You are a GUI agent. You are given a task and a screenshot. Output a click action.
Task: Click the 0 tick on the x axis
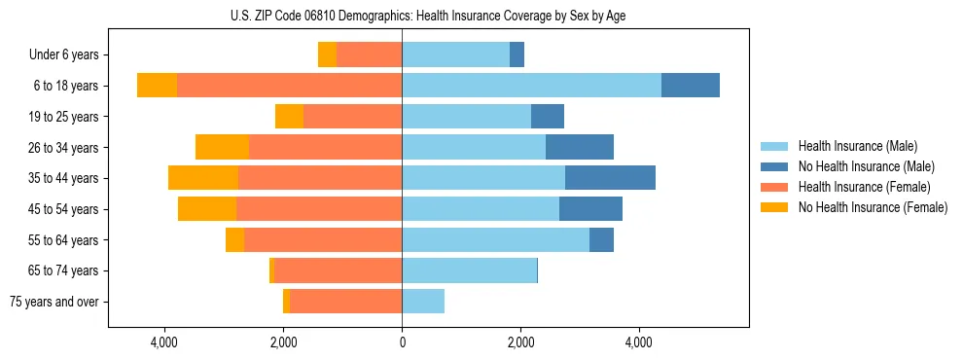tap(402, 343)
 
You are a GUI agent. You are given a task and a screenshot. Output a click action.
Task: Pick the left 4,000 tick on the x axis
tap(164, 343)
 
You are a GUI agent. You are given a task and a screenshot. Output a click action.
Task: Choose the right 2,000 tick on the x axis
tap(520, 343)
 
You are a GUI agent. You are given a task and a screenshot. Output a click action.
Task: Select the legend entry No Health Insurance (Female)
tap(873, 207)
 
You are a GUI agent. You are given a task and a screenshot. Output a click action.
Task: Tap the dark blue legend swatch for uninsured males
tap(775, 166)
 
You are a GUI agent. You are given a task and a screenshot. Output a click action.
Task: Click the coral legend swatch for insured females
tap(775, 187)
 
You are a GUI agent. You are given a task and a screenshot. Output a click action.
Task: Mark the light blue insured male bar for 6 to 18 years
tap(531, 86)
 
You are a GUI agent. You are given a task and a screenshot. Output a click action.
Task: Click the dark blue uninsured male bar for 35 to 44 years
tap(610, 178)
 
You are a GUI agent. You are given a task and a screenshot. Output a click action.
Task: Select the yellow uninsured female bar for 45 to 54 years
tap(207, 209)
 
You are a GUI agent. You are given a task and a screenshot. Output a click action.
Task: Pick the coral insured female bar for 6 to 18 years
tap(289, 86)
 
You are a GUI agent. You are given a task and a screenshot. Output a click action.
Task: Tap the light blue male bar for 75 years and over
tap(423, 302)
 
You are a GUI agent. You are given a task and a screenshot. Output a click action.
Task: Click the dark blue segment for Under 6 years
tap(517, 55)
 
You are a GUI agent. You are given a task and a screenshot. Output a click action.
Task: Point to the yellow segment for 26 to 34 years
tap(222, 147)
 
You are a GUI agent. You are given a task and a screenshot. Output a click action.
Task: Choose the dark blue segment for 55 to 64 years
tap(601, 239)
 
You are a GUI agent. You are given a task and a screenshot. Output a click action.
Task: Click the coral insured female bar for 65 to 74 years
tap(338, 270)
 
